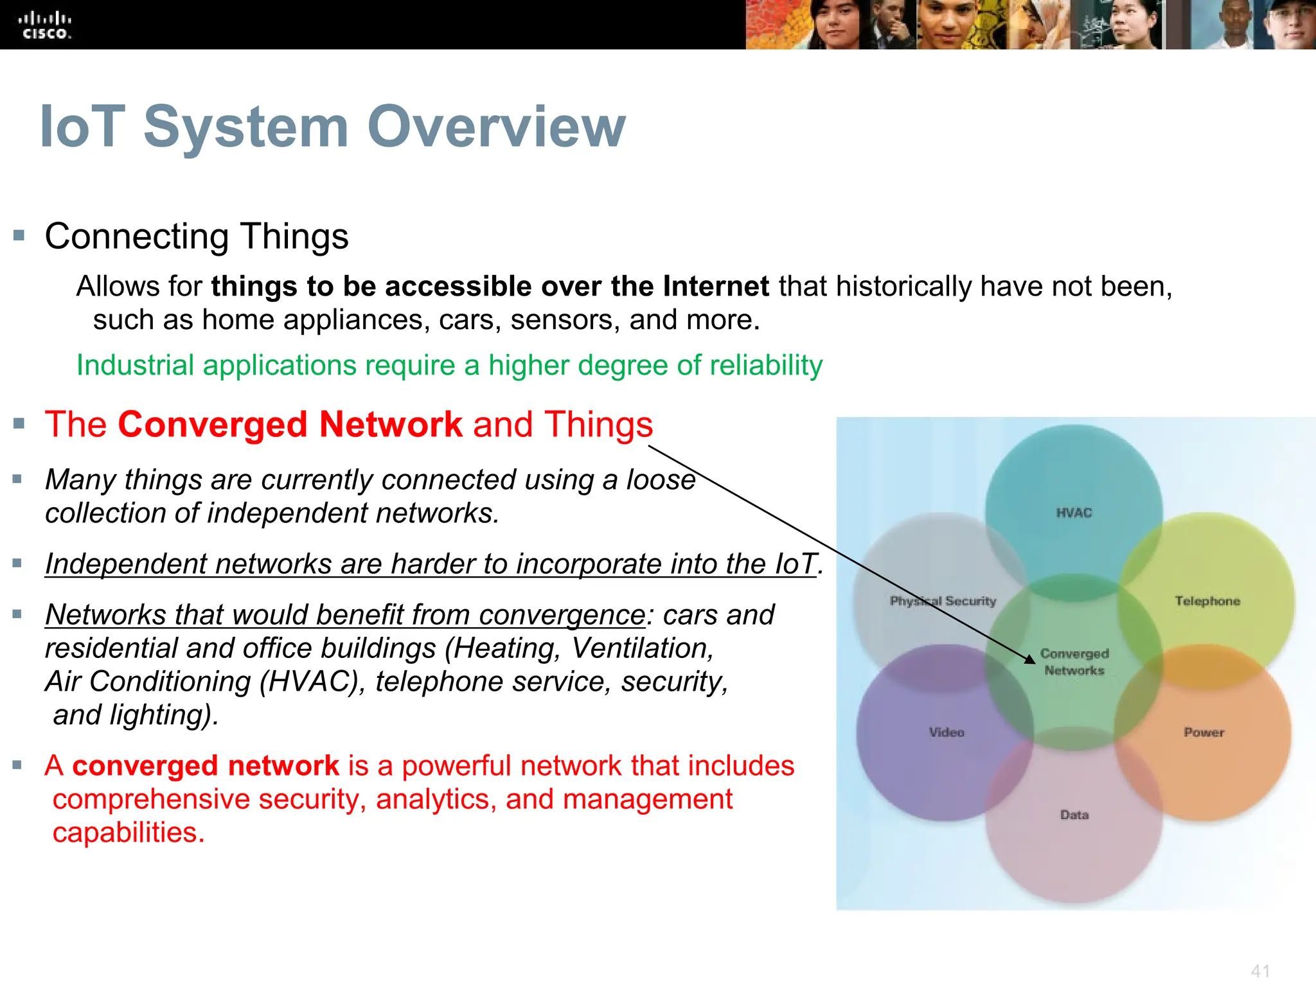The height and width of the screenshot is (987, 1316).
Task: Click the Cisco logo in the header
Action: (45, 26)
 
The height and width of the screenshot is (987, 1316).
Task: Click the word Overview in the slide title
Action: (495, 127)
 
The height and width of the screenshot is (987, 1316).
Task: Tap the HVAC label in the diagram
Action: (1074, 513)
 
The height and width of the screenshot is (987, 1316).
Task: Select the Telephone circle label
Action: (1207, 601)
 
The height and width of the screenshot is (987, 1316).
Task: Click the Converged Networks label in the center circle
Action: (1074, 662)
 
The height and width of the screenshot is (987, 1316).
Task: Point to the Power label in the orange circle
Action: (1204, 733)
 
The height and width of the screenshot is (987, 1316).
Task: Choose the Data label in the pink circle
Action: (1074, 815)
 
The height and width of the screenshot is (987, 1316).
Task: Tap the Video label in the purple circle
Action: (947, 733)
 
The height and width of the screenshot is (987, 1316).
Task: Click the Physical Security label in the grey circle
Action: (943, 601)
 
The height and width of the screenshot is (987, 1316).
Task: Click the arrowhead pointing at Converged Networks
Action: (1029, 659)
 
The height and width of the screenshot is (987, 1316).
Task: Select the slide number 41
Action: (1260, 970)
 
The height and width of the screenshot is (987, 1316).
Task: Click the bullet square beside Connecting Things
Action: (19, 236)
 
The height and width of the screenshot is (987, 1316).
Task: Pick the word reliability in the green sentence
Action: (766, 365)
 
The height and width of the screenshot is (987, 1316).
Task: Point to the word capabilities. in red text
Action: (129, 833)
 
